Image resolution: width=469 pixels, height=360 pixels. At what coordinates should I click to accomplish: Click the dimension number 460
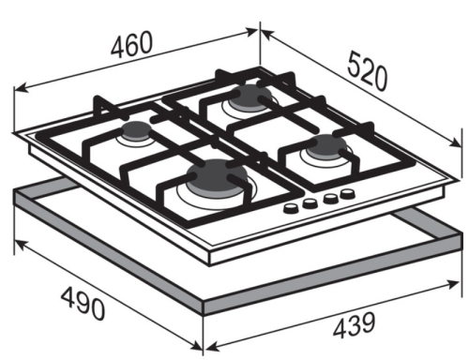click(x=132, y=44)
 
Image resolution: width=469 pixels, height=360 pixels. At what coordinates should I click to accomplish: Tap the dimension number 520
click(x=368, y=71)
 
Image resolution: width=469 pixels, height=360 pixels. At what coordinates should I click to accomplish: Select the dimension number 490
click(x=83, y=304)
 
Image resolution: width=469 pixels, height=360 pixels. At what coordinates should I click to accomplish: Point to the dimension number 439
click(x=354, y=325)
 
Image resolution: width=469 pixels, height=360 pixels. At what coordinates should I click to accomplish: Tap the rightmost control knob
click(x=347, y=194)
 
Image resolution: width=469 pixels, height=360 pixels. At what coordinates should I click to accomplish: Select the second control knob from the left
click(x=310, y=203)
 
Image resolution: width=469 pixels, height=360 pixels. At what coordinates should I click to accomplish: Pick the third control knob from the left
click(x=330, y=199)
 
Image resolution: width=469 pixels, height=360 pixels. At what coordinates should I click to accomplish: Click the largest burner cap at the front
click(x=217, y=178)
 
